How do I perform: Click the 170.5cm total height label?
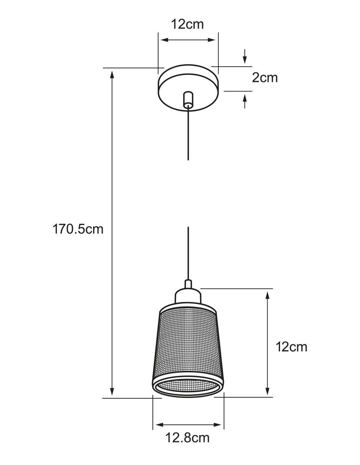(x=78, y=229)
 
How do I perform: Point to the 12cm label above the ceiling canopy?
(x=187, y=24)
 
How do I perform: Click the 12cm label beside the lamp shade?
(x=291, y=347)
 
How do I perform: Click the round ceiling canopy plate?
(x=188, y=88)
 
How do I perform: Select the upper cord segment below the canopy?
(x=188, y=133)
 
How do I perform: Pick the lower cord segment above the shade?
(x=188, y=253)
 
